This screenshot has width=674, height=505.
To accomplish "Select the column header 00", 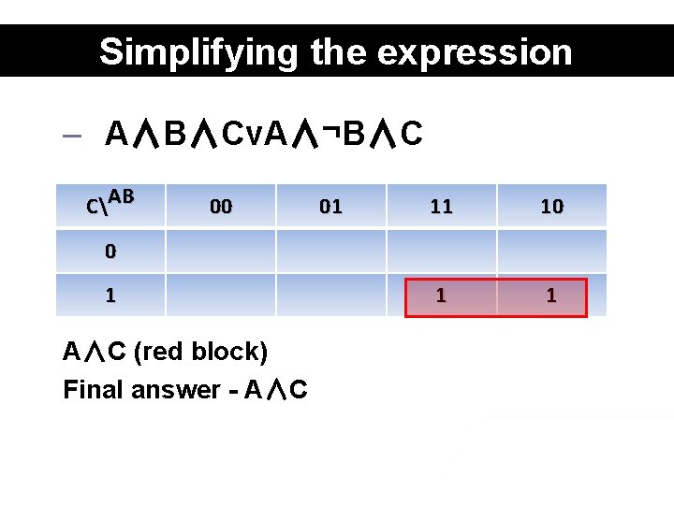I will [221, 207].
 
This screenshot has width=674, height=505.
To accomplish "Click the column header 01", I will [330, 207].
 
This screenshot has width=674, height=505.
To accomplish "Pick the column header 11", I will [441, 207].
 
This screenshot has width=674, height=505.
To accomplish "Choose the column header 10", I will [551, 207].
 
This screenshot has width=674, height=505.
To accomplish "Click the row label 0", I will [110, 252].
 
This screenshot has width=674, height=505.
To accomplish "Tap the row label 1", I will [110, 296].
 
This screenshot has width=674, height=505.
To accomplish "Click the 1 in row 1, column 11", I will [441, 296].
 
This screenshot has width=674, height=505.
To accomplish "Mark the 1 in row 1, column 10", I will [551, 296].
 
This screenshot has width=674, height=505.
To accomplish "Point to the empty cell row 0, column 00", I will [221, 252].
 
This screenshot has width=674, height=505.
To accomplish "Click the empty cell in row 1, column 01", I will [330, 296].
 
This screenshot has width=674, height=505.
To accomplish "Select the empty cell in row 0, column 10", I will [551, 252].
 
